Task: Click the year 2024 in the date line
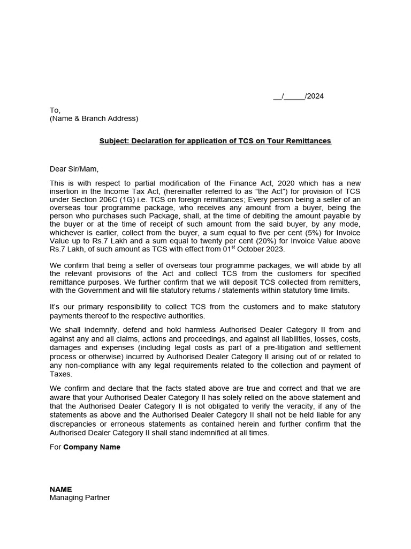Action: tap(315, 97)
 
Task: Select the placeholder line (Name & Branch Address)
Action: tap(94, 118)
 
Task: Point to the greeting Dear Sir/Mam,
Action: tap(74, 169)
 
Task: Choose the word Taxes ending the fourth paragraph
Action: tap(60, 374)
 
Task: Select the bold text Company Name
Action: tap(92, 447)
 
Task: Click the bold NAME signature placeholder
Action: tap(60, 489)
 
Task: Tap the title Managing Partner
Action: tap(80, 498)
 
